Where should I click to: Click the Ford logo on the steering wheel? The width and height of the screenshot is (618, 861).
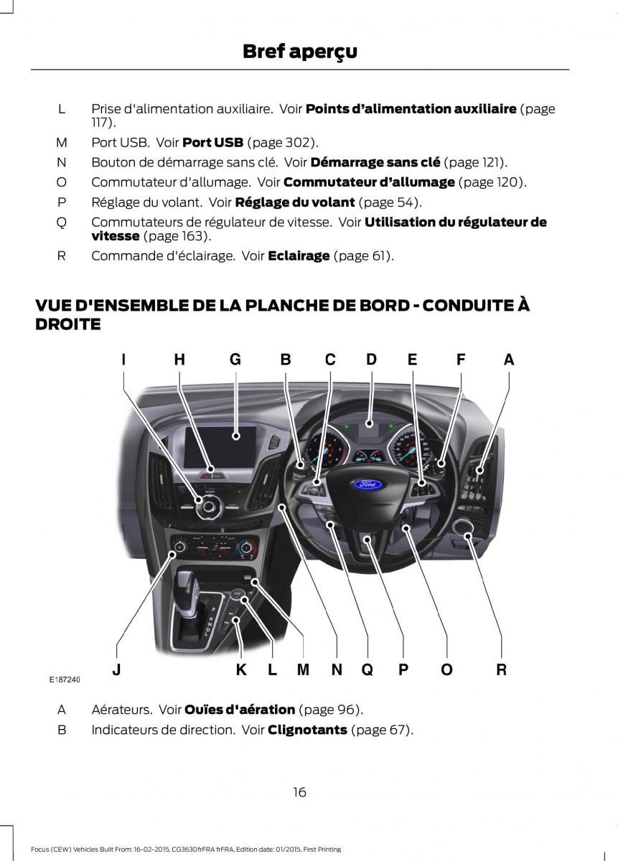(368, 484)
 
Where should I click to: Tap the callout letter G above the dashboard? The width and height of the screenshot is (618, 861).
(235, 360)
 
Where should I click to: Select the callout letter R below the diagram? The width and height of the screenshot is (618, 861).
(502, 669)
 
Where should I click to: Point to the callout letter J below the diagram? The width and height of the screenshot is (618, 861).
(116, 669)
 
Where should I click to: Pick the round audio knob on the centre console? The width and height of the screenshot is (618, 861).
(208, 506)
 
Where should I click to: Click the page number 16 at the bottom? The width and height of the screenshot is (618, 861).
(299, 792)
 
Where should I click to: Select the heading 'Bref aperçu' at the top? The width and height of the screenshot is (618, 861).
(299, 52)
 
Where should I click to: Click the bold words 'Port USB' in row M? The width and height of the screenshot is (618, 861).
(213, 142)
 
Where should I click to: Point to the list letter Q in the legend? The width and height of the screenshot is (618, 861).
(62, 222)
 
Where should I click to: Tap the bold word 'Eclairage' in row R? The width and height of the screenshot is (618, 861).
(299, 255)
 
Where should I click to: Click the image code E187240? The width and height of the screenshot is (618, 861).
(65, 679)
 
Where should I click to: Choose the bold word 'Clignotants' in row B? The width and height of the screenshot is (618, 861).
(307, 730)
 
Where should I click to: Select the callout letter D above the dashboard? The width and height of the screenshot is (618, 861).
(371, 359)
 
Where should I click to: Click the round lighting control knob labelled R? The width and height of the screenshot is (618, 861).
(463, 530)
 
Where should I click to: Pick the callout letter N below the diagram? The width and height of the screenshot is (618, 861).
(337, 669)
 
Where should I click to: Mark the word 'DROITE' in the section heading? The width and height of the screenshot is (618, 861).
(68, 324)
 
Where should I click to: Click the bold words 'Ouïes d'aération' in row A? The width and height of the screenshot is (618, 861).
(240, 710)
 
